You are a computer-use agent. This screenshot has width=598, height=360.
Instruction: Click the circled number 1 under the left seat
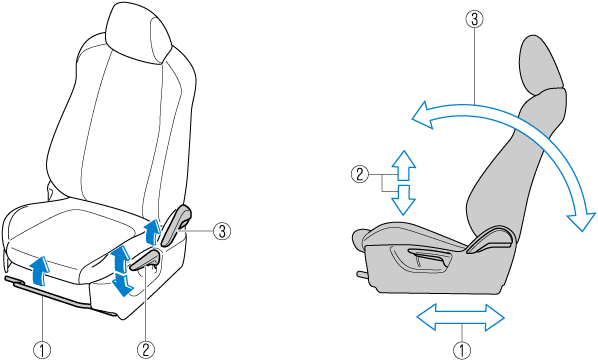[42, 350]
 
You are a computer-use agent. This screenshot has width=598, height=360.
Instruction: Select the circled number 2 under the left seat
[146, 350]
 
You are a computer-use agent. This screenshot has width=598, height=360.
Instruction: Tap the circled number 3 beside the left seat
[222, 231]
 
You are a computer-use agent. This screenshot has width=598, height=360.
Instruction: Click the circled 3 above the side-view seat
[474, 19]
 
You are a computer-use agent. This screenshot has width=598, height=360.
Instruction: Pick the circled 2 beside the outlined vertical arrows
[360, 174]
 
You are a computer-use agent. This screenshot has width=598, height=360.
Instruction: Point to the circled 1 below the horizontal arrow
[462, 350]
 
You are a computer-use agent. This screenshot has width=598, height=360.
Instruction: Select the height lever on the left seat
[146, 262]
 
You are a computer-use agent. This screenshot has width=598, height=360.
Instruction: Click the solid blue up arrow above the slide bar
[40, 271]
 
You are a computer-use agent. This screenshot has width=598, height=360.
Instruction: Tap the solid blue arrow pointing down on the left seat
[122, 284]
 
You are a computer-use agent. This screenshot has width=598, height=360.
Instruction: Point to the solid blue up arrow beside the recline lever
[153, 232]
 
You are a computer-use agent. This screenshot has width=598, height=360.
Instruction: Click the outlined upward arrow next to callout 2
[404, 165]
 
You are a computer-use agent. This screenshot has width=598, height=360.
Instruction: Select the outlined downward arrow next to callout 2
[403, 200]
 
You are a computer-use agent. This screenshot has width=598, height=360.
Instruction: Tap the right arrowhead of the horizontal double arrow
[495, 317]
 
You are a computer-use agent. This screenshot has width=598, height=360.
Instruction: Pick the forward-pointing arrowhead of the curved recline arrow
[423, 115]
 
